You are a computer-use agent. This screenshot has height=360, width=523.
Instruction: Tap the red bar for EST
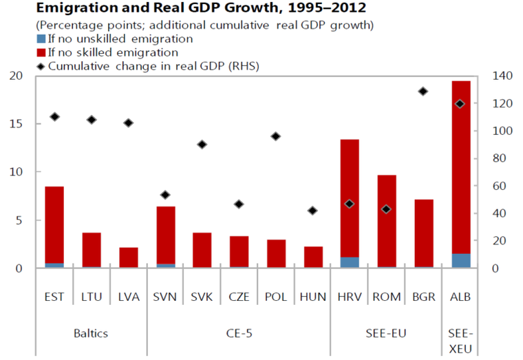(54, 224)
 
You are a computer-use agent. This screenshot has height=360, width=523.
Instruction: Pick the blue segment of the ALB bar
(460, 260)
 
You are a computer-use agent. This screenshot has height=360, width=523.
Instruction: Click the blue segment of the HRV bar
(350, 262)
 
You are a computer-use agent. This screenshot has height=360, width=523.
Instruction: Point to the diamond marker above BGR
(423, 92)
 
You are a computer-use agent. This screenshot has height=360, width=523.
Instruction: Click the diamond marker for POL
(276, 136)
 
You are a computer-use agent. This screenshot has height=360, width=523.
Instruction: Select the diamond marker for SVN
(165, 195)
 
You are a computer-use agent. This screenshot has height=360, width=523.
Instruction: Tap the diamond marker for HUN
(312, 211)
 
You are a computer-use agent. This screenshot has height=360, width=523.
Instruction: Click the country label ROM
(387, 297)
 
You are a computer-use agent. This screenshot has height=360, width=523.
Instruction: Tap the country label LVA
(128, 297)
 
